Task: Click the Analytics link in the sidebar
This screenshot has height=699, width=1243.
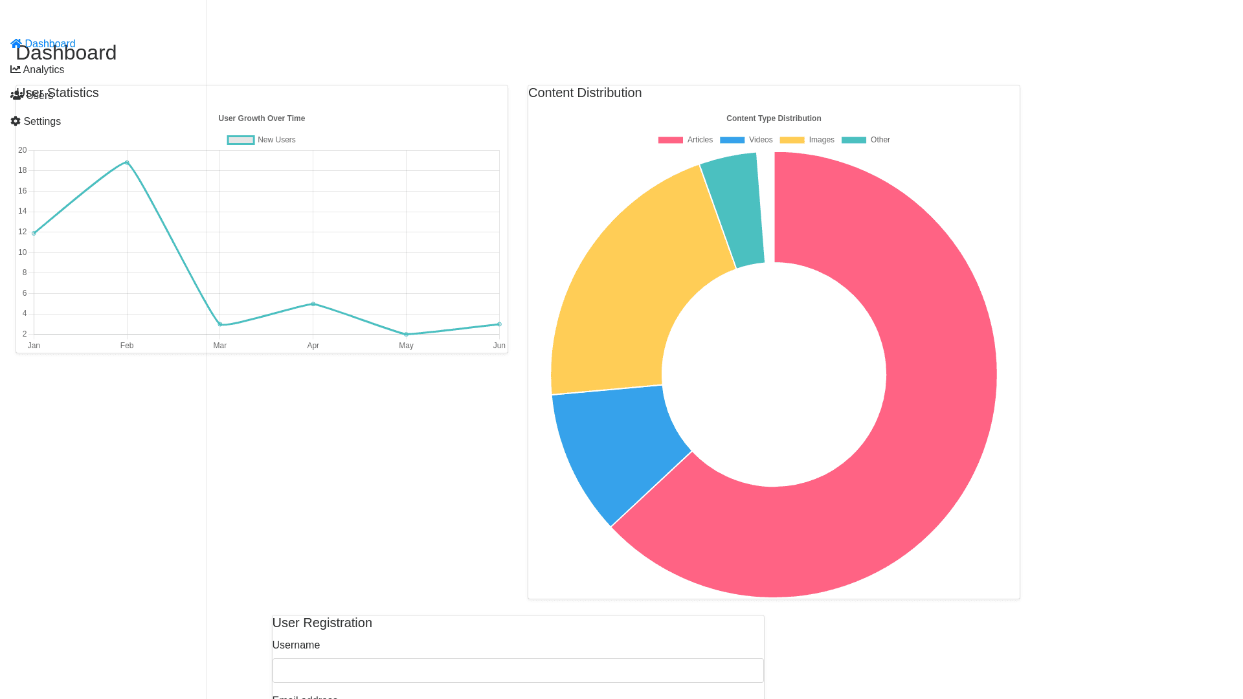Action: [43, 70]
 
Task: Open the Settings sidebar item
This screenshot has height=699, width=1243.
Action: [41, 122]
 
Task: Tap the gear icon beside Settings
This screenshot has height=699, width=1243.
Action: [16, 122]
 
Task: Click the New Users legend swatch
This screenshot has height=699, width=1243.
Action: [241, 140]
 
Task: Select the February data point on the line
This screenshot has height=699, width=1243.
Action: [127, 162]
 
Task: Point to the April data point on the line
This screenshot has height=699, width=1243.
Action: [313, 304]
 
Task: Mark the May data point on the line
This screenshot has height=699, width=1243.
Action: [406, 335]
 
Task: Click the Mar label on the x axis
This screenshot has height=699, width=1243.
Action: [220, 346]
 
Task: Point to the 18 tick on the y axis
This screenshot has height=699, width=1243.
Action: [23, 171]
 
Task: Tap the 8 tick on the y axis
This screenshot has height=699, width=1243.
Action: [25, 273]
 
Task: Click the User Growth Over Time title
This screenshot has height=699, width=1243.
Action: [262, 118]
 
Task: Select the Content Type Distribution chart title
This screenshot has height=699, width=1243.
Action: [774, 118]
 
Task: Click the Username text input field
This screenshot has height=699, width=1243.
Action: [518, 671]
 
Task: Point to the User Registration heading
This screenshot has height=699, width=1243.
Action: [322, 623]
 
